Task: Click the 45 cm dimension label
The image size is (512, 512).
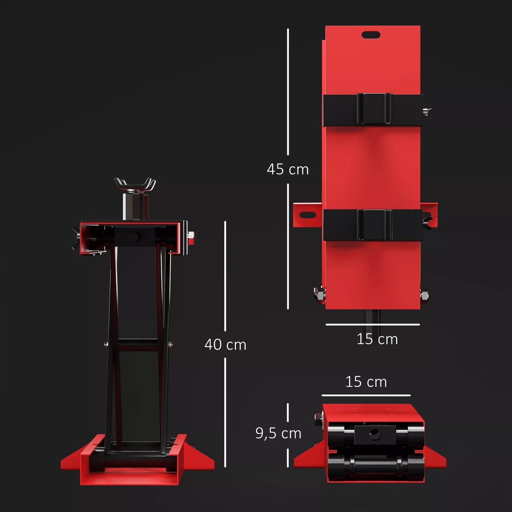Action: [288, 169]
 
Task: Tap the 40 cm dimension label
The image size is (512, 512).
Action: [225, 344]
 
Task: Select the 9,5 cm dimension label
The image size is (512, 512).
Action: [278, 433]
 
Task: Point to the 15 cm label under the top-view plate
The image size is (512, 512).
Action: [377, 339]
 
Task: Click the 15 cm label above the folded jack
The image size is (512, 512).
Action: [366, 382]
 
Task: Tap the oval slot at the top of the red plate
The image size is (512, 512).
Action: [371, 35]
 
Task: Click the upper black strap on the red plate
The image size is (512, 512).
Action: [373, 109]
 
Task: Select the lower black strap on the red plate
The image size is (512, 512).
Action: [373, 225]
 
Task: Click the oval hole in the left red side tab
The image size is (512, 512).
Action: [308, 215]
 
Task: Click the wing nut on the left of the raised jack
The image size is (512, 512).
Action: [76, 239]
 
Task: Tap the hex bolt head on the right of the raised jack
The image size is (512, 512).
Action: [191, 236]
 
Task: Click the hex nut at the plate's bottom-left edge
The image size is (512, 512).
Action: [320, 294]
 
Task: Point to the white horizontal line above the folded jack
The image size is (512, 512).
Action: [366, 395]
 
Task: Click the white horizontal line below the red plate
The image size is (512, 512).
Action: [373, 324]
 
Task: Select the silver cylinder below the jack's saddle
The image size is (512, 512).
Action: [136, 206]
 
